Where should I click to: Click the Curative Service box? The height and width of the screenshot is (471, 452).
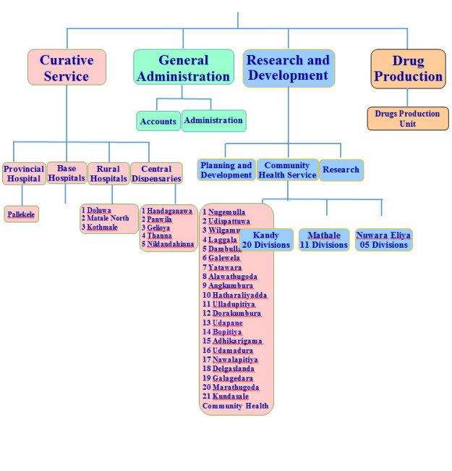pyautogui.click(x=67, y=67)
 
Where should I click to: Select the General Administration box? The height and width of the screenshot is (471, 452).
pyautogui.click(x=184, y=67)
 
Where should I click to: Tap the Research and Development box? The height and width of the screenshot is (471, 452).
pyautogui.click(x=289, y=68)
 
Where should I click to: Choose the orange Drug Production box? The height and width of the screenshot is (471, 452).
pyautogui.click(x=408, y=68)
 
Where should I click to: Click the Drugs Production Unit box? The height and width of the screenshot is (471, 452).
pyautogui.click(x=407, y=119)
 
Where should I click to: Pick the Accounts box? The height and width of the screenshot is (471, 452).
pyautogui.click(x=158, y=121)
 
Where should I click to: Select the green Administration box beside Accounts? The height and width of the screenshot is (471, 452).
pyautogui.click(x=213, y=120)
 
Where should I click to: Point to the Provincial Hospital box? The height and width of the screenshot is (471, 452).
pyautogui.click(x=24, y=174)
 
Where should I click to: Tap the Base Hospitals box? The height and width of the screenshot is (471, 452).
pyautogui.click(x=67, y=173)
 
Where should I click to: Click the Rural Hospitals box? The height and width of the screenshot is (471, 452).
pyautogui.click(x=108, y=174)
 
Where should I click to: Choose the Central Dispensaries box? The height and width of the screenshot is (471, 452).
pyautogui.click(x=156, y=174)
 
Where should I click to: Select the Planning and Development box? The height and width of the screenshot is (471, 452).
pyautogui.click(x=226, y=170)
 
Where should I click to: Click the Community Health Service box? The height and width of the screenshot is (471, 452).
pyautogui.click(x=287, y=170)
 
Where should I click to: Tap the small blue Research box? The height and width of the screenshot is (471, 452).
pyautogui.click(x=341, y=170)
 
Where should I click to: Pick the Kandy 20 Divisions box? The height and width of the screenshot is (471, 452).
pyautogui.click(x=266, y=240)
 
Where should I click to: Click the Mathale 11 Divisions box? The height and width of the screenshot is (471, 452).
pyautogui.click(x=324, y=240)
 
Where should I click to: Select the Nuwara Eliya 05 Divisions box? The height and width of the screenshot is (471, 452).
pyautogui.click(x=383, y=240)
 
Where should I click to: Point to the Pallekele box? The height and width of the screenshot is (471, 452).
pyautogui.click(x=22, y=214)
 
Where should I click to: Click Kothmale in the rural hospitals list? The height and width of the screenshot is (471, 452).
pyautogui.click(x=102, y=228)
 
